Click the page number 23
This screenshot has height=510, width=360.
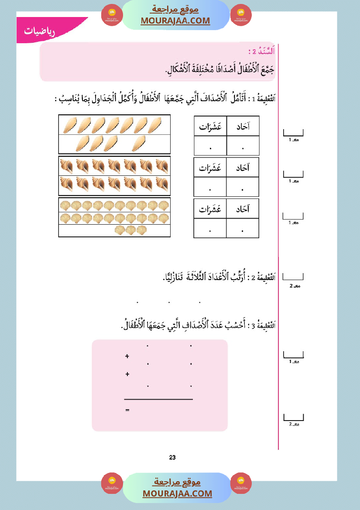pyautogui.click(x=172, y=457)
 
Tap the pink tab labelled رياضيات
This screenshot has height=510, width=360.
pyautogui.click(x=42, y=31)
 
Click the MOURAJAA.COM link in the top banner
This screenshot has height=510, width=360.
pyautogui.click(x=175, y=21)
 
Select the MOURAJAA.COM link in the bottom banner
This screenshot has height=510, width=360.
pyautogui.click(x=177, y=493)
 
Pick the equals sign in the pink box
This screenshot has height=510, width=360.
pyautogui.click(x=127, y=411)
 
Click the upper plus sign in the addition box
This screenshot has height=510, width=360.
pyautogui.click(x=127, y=356)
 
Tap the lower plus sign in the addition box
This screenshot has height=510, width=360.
pyautogui.click(x=127, y=374)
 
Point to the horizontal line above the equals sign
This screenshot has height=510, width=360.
pyautogui.click(x=158, y=399)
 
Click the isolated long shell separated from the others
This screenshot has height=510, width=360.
pyautogui.click(x=139, y=143)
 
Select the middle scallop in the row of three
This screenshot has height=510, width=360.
pyautogui.click(x=130, y=230)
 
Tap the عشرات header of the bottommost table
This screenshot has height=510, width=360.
pyautogui.click(x=210, y=209)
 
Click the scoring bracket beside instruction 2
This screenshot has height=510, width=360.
pyautogui.click(x=293, y=277)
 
